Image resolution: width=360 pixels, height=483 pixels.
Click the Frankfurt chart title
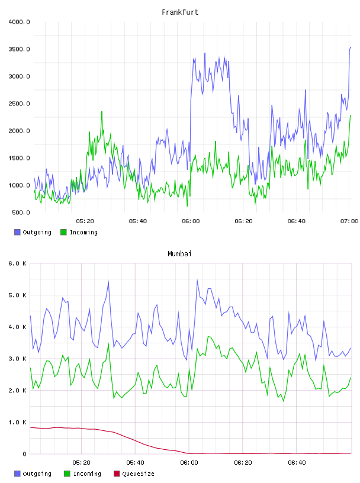180,12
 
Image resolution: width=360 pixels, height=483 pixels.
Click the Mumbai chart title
179,254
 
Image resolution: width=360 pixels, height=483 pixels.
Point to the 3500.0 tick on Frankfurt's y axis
19,49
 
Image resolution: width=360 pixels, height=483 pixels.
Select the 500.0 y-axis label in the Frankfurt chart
21,212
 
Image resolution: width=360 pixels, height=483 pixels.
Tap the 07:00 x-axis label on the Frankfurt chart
349,221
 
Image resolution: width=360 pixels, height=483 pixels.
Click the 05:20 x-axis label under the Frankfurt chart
85,221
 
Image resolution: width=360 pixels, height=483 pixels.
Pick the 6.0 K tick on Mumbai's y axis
18,263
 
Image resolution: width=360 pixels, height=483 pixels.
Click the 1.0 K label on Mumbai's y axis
18,422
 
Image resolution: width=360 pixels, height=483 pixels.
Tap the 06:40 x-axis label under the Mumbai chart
297,463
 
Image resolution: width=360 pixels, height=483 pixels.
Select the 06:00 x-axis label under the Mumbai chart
189,463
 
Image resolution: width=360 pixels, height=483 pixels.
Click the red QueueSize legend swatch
117,474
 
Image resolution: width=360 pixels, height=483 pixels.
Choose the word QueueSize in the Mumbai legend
138,474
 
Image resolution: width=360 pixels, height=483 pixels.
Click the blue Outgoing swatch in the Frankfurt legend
17,232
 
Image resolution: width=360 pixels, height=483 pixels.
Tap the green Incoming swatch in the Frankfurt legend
63,232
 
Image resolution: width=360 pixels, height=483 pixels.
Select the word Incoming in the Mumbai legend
87,474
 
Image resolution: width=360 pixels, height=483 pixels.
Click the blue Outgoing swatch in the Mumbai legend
17,474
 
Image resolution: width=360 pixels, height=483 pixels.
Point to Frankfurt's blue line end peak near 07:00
351,47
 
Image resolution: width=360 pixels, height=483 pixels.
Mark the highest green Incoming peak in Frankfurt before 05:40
102,112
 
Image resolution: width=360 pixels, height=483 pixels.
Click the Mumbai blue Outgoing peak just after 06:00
197,280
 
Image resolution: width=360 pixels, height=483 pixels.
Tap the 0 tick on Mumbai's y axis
25,454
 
